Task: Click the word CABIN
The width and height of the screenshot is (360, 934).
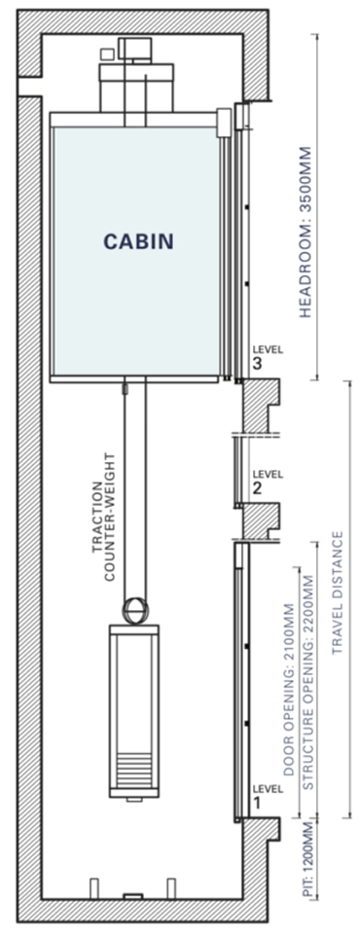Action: [x=139, y=240]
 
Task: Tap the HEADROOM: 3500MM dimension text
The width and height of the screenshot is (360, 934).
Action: [x=306, y=232]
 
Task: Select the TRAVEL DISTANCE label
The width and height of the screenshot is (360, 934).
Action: [x=339, y=593]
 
